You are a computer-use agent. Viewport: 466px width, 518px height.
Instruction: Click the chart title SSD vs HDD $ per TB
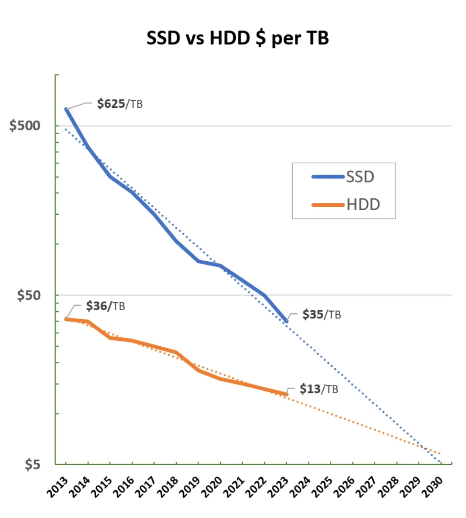(238, 38)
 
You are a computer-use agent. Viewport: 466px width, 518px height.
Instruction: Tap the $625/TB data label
(119, 104)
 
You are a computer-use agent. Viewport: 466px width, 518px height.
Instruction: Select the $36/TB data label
(106, 306)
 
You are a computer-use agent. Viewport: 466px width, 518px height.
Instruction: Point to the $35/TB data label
(321, 314)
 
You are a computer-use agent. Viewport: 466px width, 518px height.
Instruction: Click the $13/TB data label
(319, 389)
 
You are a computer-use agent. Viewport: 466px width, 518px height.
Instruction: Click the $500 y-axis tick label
(25, 126)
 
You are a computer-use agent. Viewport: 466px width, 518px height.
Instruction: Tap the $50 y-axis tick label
(29, 295)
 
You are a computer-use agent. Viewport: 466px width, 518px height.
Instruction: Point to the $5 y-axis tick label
(32, 464)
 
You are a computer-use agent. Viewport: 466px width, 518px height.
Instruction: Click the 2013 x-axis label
(58, 487)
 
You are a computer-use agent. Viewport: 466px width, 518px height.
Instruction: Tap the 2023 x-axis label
(278, 487)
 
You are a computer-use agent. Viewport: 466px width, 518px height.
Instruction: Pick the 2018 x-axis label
(168, 487)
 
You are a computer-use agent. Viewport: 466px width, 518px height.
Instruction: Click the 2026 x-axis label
(345, 487)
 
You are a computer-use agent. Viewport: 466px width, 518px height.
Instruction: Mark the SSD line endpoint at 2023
(286, 321)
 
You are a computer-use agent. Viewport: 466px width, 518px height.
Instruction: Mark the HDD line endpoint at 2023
(286, 394)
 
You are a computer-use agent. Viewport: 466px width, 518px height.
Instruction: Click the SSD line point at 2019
(198, 261)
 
